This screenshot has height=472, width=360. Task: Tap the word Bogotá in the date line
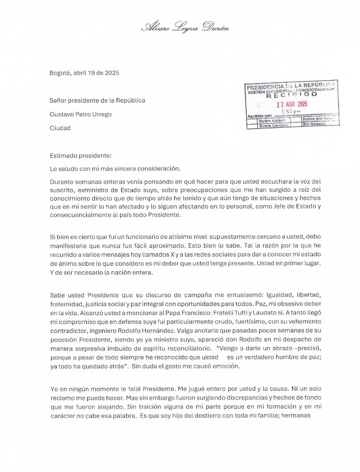60,73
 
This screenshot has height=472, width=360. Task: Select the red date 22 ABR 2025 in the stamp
292,104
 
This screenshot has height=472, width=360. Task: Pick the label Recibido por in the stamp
260,116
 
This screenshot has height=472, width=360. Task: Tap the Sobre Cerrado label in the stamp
273,126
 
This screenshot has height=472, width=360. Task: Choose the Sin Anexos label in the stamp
315,125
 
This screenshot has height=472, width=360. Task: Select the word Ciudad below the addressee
60,128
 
